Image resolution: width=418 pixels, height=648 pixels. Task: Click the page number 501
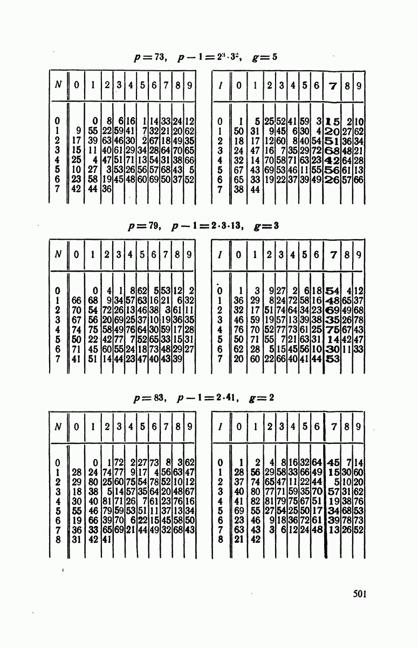pos(360,594)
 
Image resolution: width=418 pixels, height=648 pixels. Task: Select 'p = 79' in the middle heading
pos(144,226)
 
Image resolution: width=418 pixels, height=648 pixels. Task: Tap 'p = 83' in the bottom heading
pos(149,398)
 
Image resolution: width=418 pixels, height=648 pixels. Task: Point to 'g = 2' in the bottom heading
pos(261,398)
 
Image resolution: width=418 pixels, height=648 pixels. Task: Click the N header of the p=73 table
pos(58,85)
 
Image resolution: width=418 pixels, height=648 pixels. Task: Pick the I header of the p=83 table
pos(221,427)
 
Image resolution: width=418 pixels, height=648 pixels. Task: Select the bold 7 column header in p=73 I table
pos(333,86)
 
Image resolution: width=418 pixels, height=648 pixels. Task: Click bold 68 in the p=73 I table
pos(332,151)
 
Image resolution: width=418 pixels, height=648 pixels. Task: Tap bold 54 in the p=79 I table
pos(332,291)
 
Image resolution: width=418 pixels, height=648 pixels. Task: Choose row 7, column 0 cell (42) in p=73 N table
pos(76,189)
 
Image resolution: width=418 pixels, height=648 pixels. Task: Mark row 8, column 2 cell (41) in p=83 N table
pos(107,539)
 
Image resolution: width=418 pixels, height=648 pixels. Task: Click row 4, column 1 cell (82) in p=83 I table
pos(255,501)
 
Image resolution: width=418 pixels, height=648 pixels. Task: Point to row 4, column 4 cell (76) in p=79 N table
pos(131,329)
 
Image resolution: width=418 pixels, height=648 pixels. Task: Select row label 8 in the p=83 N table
pos(58,539)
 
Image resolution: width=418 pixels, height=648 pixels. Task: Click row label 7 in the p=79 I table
pos(220,359)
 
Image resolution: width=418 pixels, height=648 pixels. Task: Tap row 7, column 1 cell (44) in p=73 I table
pos(255,190)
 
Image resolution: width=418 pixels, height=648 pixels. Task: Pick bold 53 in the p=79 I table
pos(332,359)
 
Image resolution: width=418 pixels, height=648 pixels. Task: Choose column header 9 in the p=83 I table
pos(359,427)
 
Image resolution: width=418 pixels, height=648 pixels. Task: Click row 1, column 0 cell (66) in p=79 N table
pos(76,300)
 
